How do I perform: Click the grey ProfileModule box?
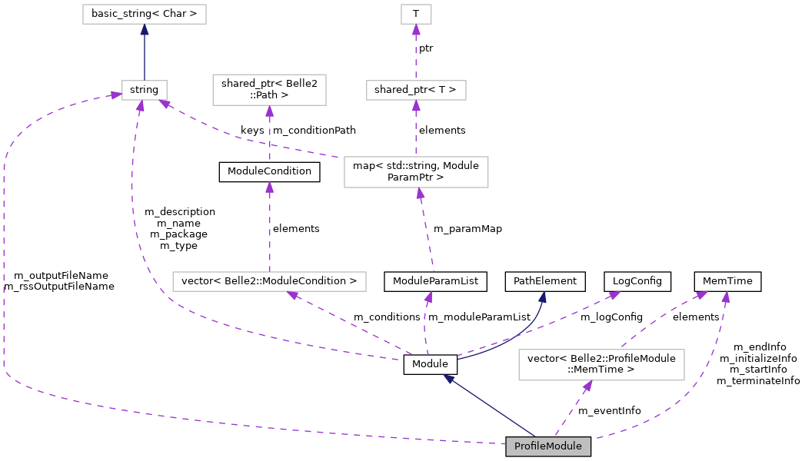[x=547, y=446]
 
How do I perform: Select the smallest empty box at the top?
[x=416, y=14]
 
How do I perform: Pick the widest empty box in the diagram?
[x=269, y=281]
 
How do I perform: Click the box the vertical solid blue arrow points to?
[x=145, y=14]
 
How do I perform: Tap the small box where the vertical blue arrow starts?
[x=145, y=90]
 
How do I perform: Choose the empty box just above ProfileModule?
[x=601, y=364]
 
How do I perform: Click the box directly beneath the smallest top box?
[x=416, y=90]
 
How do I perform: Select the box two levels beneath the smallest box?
[x=416, y=171]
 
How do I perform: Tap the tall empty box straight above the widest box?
[x=269, y=89]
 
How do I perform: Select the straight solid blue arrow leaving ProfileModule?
[x=492, y=407]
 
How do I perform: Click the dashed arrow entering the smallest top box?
[x=416, y=54]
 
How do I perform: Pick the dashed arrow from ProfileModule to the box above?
[x=571, y=409]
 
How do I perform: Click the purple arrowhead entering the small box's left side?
[x=115, y=95]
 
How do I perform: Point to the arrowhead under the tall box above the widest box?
[x=269, y=111]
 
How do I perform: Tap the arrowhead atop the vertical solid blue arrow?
[x=145, y=30]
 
